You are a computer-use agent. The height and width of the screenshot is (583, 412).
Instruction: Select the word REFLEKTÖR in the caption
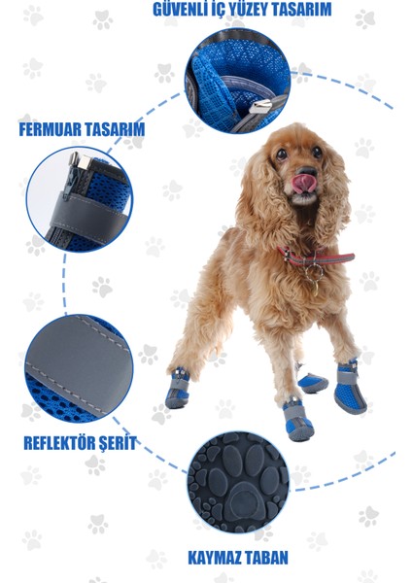(53, 443)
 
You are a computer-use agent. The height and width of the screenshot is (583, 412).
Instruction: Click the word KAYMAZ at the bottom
(213, 558)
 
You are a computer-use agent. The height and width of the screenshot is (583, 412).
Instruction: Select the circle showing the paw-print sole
(238, 482)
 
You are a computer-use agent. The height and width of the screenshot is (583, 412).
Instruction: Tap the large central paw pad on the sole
(238, 499)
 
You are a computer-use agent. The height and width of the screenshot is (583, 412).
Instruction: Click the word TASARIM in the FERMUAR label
(115, 128)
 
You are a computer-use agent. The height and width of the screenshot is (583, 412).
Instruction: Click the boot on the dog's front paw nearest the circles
(178, 389)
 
